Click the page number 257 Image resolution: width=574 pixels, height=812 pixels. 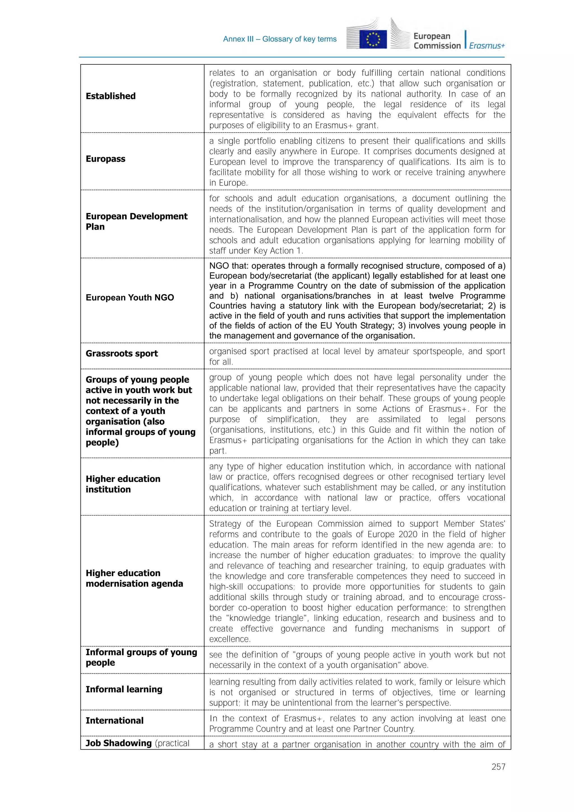pos(498,766)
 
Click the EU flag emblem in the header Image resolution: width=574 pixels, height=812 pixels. pos(373,39)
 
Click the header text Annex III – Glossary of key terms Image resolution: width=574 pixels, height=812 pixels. pos(280,39)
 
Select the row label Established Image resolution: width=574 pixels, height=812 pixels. pos(110,96)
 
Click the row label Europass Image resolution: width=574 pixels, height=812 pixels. pos(105,159)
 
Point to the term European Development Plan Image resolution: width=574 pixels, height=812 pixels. pos(136,221)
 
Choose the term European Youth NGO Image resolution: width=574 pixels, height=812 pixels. pos(130,297)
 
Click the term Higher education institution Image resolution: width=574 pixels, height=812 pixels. pos(123,484)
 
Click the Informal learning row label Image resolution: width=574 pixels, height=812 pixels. pos(124,689)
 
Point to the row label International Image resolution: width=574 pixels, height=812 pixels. pos(115,720)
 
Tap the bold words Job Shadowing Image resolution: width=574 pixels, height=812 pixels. pos(119,743)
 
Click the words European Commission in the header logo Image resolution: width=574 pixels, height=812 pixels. pos(437,41)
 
